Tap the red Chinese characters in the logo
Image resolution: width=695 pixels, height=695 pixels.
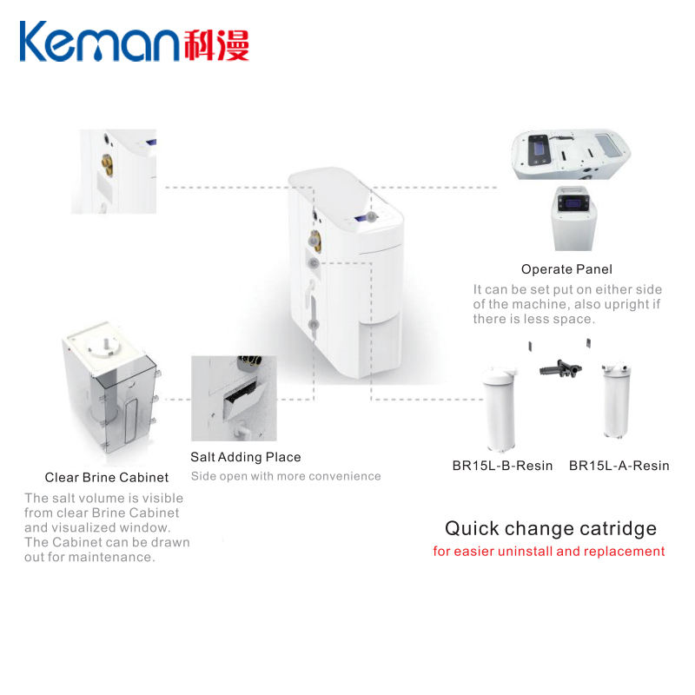pyautogui.click(x=216, y=44)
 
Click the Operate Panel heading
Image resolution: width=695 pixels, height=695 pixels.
pyautogui.click(x=566, y=269)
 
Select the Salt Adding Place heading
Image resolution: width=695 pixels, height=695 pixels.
pyautogui.click(x=246, y=457)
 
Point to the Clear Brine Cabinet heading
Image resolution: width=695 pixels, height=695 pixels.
pyautogui.click(x=107, y=477)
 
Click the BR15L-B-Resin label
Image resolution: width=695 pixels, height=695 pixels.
pyautogui.click(x=502, y=466)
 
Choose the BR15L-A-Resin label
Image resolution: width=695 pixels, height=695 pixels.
pyautogui.click(x=619, y=466)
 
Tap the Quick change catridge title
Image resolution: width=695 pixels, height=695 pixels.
pyautogui.click(x=551, y=528)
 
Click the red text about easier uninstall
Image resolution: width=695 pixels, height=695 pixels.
pyautogui.click(x=549, y=552)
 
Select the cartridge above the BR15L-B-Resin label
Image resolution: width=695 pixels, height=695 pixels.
pyautogui.click(x=501, y=405)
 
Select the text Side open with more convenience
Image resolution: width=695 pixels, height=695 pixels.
pyautogui.click(x=286, y=476)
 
